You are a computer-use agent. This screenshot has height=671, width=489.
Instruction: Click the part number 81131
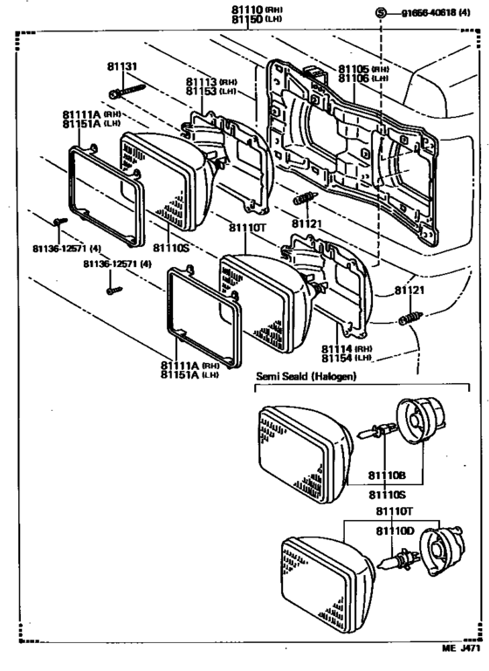click(122, 65)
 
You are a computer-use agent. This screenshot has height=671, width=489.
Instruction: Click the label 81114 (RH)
click(348, 349)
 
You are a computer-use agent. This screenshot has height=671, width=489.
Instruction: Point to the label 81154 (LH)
click(348, 358)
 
